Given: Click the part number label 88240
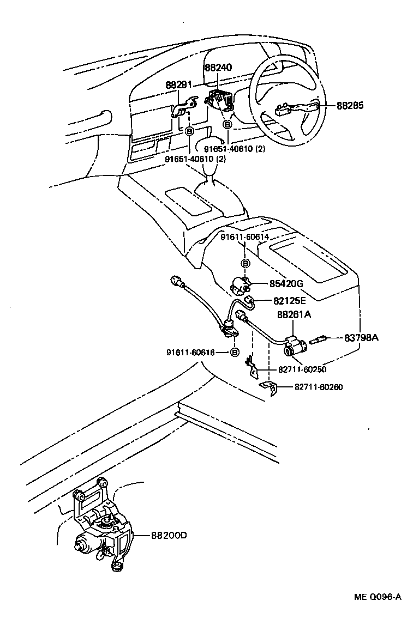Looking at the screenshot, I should coord(218,68).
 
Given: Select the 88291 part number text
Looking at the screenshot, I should coord(179,85).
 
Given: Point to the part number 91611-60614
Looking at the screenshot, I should coord(245,237).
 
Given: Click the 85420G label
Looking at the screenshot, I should coord(285,283).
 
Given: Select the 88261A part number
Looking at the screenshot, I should coord(294,314).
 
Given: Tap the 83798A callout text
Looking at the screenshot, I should coord(361,338).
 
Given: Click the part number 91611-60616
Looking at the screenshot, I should coord(191,353).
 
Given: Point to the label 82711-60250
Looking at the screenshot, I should coord(302,369).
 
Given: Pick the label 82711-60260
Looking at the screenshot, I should coord(319,387).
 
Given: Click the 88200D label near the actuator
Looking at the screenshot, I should coord(169,535).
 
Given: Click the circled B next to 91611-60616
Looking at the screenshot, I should coord(235,353).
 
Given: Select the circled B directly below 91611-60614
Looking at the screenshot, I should coord(246,263).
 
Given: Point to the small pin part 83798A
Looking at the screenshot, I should coord(318,339).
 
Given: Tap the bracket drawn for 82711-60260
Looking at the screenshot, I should coord(269,388).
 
